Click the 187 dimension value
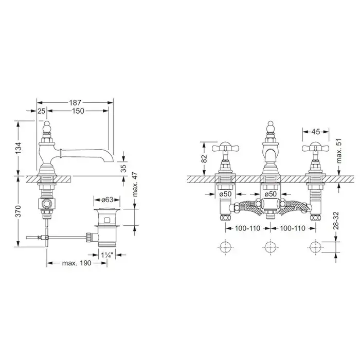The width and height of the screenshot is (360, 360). click(x=76, y=102)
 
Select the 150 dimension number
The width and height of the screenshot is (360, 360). click(x=78, y=111)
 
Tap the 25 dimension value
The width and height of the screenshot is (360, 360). click(x=41, y=111)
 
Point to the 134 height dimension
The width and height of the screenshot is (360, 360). click(x=19, y=148)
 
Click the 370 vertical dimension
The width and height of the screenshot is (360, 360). click(x=19, y=211)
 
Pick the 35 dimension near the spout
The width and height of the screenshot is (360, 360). click(x=123, y=168)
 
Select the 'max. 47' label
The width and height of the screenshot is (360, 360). click(x=135, y=184)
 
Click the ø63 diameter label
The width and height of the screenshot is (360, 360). click(x=107, y=200)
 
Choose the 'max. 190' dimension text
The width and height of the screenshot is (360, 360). click(x=77, y=263)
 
